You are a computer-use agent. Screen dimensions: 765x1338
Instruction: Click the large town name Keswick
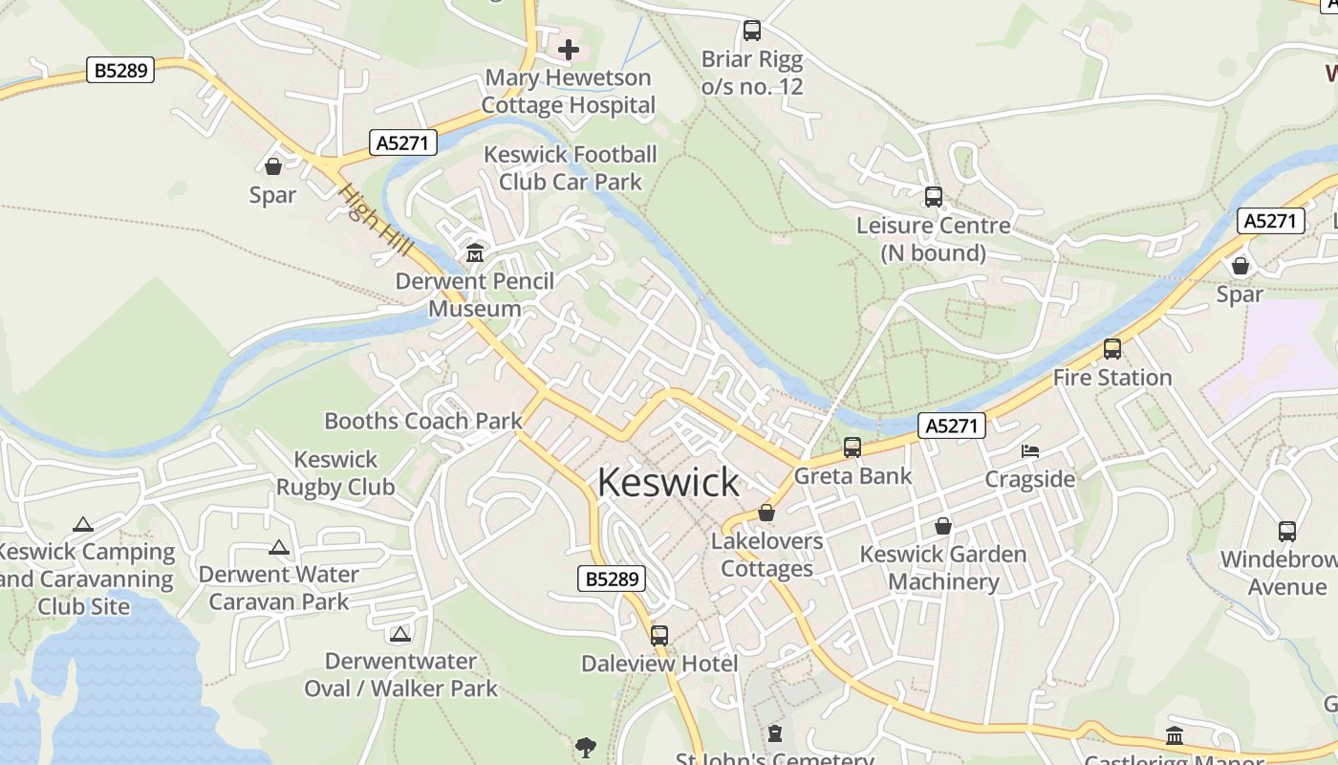[668, 483]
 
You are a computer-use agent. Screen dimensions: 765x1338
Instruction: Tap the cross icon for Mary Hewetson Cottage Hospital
[569, 49]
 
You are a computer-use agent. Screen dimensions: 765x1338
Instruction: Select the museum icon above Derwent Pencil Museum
[474, 253]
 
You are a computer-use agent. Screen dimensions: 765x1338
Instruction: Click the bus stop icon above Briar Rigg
[752, 31]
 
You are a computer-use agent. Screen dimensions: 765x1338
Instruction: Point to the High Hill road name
[375, 219]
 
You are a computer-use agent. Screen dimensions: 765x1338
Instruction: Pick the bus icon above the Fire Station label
[1111, 349]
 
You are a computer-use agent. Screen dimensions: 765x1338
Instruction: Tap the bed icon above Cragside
[1029, 450]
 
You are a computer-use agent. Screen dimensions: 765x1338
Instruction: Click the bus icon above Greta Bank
[852, 448]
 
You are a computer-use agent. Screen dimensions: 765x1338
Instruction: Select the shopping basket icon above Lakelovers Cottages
[766, 514]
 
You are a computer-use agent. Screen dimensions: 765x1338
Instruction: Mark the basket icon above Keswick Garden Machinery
[942, 526]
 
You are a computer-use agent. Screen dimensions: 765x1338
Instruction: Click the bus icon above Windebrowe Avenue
[1286, 532]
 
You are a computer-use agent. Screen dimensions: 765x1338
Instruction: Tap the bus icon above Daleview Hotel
[658, 635]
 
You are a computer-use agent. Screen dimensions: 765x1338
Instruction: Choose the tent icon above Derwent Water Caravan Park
[278, 548]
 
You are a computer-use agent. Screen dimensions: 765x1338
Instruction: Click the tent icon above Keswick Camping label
[83, 524]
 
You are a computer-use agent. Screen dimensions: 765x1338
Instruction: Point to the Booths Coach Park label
[423, 421]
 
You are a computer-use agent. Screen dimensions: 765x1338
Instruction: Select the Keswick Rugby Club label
[335, 473]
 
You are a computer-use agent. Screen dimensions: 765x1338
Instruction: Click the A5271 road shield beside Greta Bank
[952, 426]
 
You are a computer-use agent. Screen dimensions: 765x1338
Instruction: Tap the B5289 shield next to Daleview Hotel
[612, 579]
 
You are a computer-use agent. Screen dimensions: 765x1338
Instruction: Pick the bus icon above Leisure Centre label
[933, 197]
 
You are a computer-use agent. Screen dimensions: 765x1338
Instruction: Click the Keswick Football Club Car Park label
[571, 168]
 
